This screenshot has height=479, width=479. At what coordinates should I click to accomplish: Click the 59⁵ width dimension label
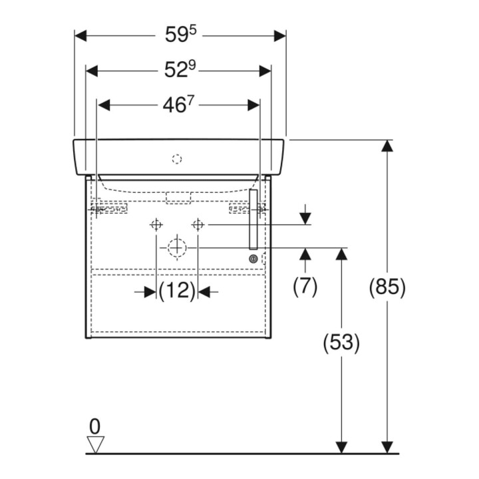(181, 34)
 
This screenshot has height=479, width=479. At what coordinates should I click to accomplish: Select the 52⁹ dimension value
(180, 70)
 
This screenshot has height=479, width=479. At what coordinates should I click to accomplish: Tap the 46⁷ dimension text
(178, 105)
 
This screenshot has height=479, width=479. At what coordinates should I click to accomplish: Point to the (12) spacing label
(177, 291)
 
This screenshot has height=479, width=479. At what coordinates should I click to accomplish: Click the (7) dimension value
(305, 287)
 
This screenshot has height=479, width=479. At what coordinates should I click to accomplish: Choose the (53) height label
(341, 343)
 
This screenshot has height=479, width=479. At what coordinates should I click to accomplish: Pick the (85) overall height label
(387, 287)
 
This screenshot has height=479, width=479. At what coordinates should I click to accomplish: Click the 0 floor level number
(94, 426)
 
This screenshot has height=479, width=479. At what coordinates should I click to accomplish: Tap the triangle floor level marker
(96, 444)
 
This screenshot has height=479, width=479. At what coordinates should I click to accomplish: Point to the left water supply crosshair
(156, 225)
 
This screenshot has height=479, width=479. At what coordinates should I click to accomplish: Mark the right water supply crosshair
(198, 225)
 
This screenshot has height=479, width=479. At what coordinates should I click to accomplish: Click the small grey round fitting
(253, 259)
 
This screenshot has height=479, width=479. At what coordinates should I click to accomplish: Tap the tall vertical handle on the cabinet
(253, 219)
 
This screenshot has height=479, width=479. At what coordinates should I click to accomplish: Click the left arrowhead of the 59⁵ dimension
(80, 36)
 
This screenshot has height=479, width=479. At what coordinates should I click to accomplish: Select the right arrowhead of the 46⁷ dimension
(253, 105)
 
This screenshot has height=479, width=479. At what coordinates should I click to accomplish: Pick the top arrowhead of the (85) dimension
(387, 146)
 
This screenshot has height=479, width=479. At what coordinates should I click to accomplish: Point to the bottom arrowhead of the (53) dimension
(341, 448)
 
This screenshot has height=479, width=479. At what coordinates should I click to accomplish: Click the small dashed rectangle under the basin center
(178, 198)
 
